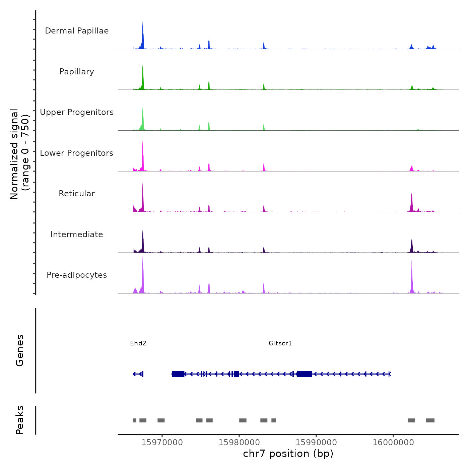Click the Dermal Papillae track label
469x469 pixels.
[77, 31]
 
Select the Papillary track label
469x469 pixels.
[77, 72]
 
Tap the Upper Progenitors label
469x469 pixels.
[77, 112]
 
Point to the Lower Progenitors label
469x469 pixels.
[77, 153]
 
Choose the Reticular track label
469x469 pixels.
[77, 194]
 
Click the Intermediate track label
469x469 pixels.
[77, 234]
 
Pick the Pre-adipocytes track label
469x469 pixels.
[77, 275]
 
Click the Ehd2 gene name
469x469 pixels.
[138, 343]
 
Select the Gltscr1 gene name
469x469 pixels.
[280, 343]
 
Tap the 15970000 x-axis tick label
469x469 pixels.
[162, 442]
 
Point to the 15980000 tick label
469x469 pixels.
[239, 442]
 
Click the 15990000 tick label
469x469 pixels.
[316, 442]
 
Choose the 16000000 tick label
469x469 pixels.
[393, 442]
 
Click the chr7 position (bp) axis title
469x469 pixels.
[288, 454]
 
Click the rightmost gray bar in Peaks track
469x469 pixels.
[430, 420]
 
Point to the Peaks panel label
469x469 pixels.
[20, 420]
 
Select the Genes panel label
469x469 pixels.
[20, 350]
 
